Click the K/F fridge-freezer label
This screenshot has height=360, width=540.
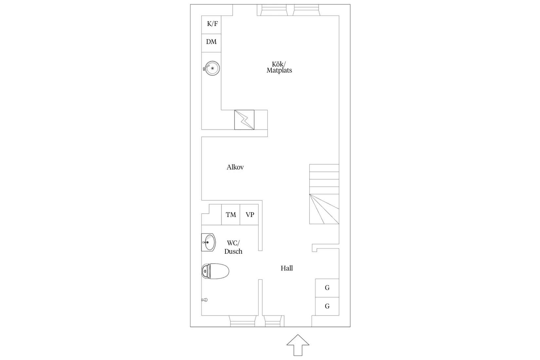(212, 24)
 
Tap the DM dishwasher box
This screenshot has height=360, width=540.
(211, 43)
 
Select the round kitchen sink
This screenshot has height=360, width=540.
(211, 68)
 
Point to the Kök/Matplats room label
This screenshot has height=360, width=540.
(279, 67)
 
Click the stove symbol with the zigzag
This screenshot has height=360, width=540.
(244, 120)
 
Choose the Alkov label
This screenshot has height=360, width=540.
(235, 167)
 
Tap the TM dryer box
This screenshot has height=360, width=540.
(231, 215)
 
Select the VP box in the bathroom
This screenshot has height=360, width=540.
(249, 215)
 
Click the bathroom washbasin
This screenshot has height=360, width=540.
(208, 242)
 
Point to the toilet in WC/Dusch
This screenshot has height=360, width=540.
(215, 271)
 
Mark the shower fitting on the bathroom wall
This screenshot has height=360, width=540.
(205, 300)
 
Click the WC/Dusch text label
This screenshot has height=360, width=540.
(233, 247)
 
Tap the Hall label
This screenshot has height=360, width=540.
(287, 268)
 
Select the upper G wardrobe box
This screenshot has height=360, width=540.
(327, 288)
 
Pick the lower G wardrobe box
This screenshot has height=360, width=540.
(327, 306)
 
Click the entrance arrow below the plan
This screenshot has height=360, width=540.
(298, 345)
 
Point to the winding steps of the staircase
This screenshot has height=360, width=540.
(324, 209)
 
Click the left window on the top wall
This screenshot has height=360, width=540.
(274, 10)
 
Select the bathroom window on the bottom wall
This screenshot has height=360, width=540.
(243, 321)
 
